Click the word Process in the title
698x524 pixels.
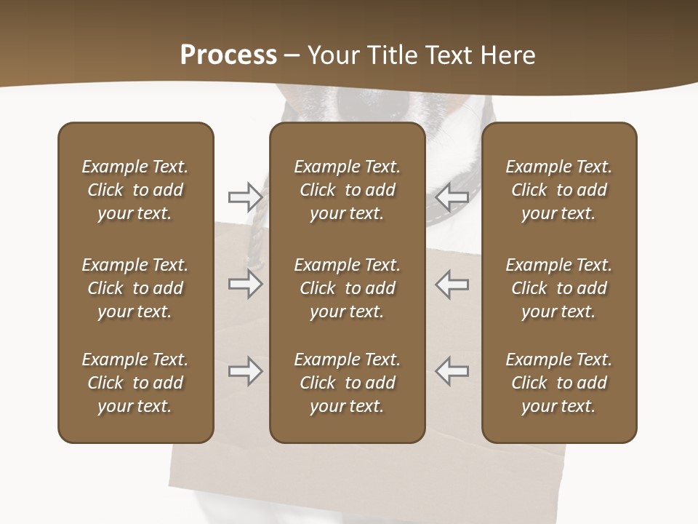(228, 55)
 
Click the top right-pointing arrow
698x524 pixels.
(245, 196)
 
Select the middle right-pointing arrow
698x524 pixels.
(245, 284)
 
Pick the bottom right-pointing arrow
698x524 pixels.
(245, 372)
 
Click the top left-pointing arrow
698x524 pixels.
(452, 196)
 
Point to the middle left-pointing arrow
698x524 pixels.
(452, 284)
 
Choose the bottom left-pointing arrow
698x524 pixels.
(452, 372)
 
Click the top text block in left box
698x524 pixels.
(135, 190)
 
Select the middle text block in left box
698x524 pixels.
(135, 288)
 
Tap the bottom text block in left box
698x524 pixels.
(135, 383)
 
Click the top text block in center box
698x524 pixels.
(347, 190)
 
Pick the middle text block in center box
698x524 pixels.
(347, 288)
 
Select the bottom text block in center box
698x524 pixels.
(347, 383)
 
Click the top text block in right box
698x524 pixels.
(558, 190)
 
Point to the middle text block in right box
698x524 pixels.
(558, 288)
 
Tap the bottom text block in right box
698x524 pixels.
(558, 383)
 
